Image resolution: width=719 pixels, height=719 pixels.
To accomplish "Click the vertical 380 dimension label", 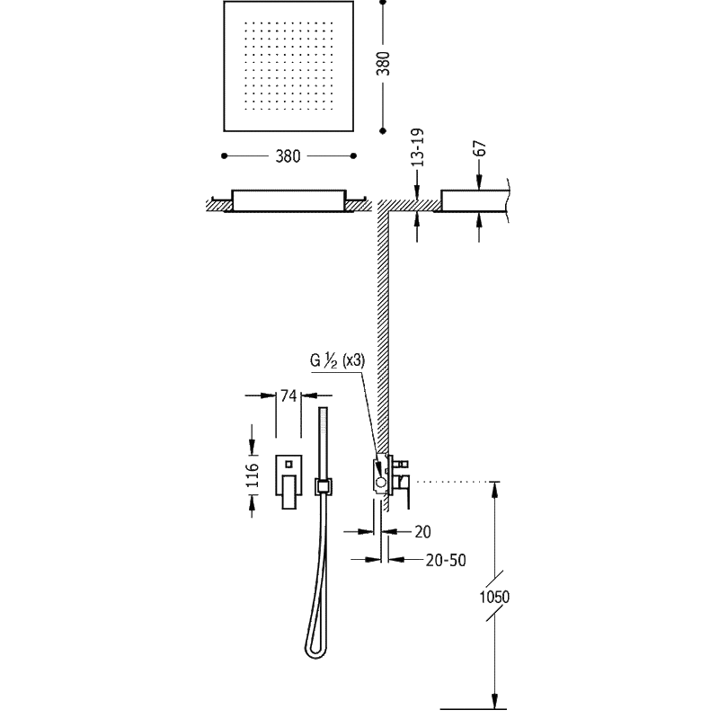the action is (383, 64).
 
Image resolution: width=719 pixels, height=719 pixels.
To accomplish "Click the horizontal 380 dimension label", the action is (288, 156).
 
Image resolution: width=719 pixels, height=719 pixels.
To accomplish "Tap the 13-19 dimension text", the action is (417, 147).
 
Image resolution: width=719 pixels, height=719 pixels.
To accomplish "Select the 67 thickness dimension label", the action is (480, 148).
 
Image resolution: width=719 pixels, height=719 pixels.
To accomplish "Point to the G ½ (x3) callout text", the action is (338, 361).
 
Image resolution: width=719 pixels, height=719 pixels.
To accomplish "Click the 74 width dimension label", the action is (288, 395).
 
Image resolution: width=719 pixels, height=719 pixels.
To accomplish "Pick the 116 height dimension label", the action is (253, 475).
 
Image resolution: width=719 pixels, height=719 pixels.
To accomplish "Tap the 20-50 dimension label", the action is (446, 560).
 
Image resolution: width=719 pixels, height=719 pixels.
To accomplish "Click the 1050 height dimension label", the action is (494, 597).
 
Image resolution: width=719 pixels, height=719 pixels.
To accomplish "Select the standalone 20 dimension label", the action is (422, 532).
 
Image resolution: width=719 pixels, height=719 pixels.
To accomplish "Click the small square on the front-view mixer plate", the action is (288, 465).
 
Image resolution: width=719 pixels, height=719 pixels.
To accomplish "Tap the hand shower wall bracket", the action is (324, 486).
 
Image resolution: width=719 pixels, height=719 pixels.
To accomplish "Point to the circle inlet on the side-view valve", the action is (381, 482).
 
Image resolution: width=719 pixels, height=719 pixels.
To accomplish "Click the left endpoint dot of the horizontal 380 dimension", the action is (224, 155).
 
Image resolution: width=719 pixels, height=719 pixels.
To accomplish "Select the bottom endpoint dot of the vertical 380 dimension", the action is (384, 131).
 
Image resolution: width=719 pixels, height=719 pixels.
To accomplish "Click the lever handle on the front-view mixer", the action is (288, 492).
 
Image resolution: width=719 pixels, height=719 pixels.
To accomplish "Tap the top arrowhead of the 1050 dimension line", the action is (494, 490).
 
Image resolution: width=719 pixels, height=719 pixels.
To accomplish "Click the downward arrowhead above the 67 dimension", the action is (479, 182).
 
